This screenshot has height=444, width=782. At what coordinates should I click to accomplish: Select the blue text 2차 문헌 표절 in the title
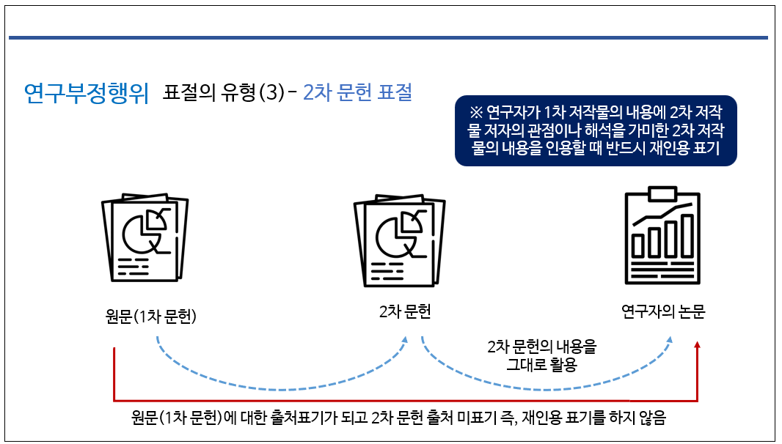pyautogui.click(x=357, y=92)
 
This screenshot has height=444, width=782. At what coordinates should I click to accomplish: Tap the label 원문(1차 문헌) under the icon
pyautogui.click(x=152, y=317)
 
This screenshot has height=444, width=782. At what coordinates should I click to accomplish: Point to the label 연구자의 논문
pyautogui.click(x=663, y=311)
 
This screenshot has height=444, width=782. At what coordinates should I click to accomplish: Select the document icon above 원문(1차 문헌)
pyautogui.click(x=145, y=236)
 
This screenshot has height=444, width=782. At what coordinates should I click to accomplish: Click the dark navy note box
pyautogui.click(x=596, y=130)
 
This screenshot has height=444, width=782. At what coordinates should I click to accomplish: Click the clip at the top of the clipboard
pyautogui.click(x=660, y=194)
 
